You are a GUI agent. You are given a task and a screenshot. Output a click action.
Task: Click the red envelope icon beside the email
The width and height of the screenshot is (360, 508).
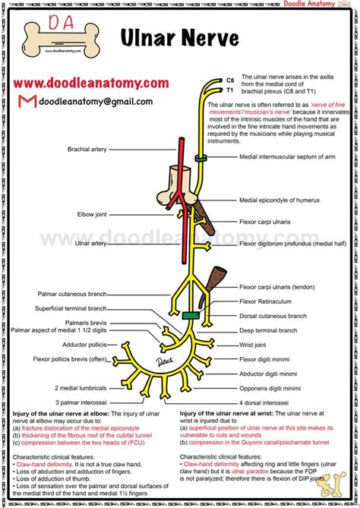(x=25, y=102)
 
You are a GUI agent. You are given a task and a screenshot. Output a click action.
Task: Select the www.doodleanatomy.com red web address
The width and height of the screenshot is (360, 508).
(x=90, y=82)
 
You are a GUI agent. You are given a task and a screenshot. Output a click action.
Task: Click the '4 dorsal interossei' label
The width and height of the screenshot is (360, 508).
(x=264, y=401)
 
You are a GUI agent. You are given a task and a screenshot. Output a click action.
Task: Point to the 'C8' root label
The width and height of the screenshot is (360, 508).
(x=229, y=80)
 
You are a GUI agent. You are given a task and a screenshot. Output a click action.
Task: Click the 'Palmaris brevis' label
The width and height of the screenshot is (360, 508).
(x=84, y=322)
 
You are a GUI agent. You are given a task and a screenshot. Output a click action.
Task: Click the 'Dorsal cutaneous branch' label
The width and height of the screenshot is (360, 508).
(x=273, y=316)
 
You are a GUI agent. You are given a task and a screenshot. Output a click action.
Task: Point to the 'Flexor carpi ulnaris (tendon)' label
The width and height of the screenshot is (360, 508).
(x=278, y=288)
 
